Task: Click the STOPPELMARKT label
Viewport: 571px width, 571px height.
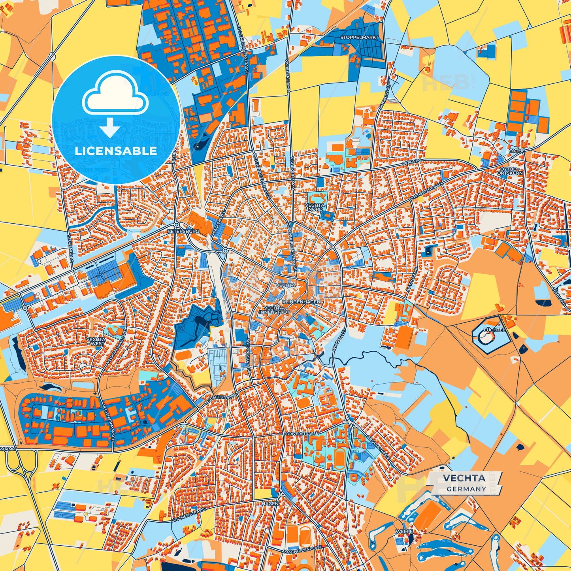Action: tap(359, 38)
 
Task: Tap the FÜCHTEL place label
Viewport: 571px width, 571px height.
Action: tap(494, 330)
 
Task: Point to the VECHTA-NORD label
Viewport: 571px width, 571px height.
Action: tap(315, 207)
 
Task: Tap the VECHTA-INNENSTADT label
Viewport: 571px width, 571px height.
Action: tap(274, 310)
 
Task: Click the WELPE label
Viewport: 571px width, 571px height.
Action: tap(404, 531)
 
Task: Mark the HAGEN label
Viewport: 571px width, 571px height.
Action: tap(270, 503)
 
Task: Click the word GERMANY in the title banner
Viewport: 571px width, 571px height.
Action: tap(466, 489)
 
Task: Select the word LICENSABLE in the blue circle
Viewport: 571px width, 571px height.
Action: tap(116, 151)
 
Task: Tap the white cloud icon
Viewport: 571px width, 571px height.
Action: tap(115, 94)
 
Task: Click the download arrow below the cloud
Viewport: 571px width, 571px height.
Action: tap(110, 127)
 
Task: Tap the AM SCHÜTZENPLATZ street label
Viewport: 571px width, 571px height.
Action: tap(302, 551)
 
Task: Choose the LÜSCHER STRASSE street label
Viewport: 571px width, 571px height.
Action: tap(189, 516)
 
